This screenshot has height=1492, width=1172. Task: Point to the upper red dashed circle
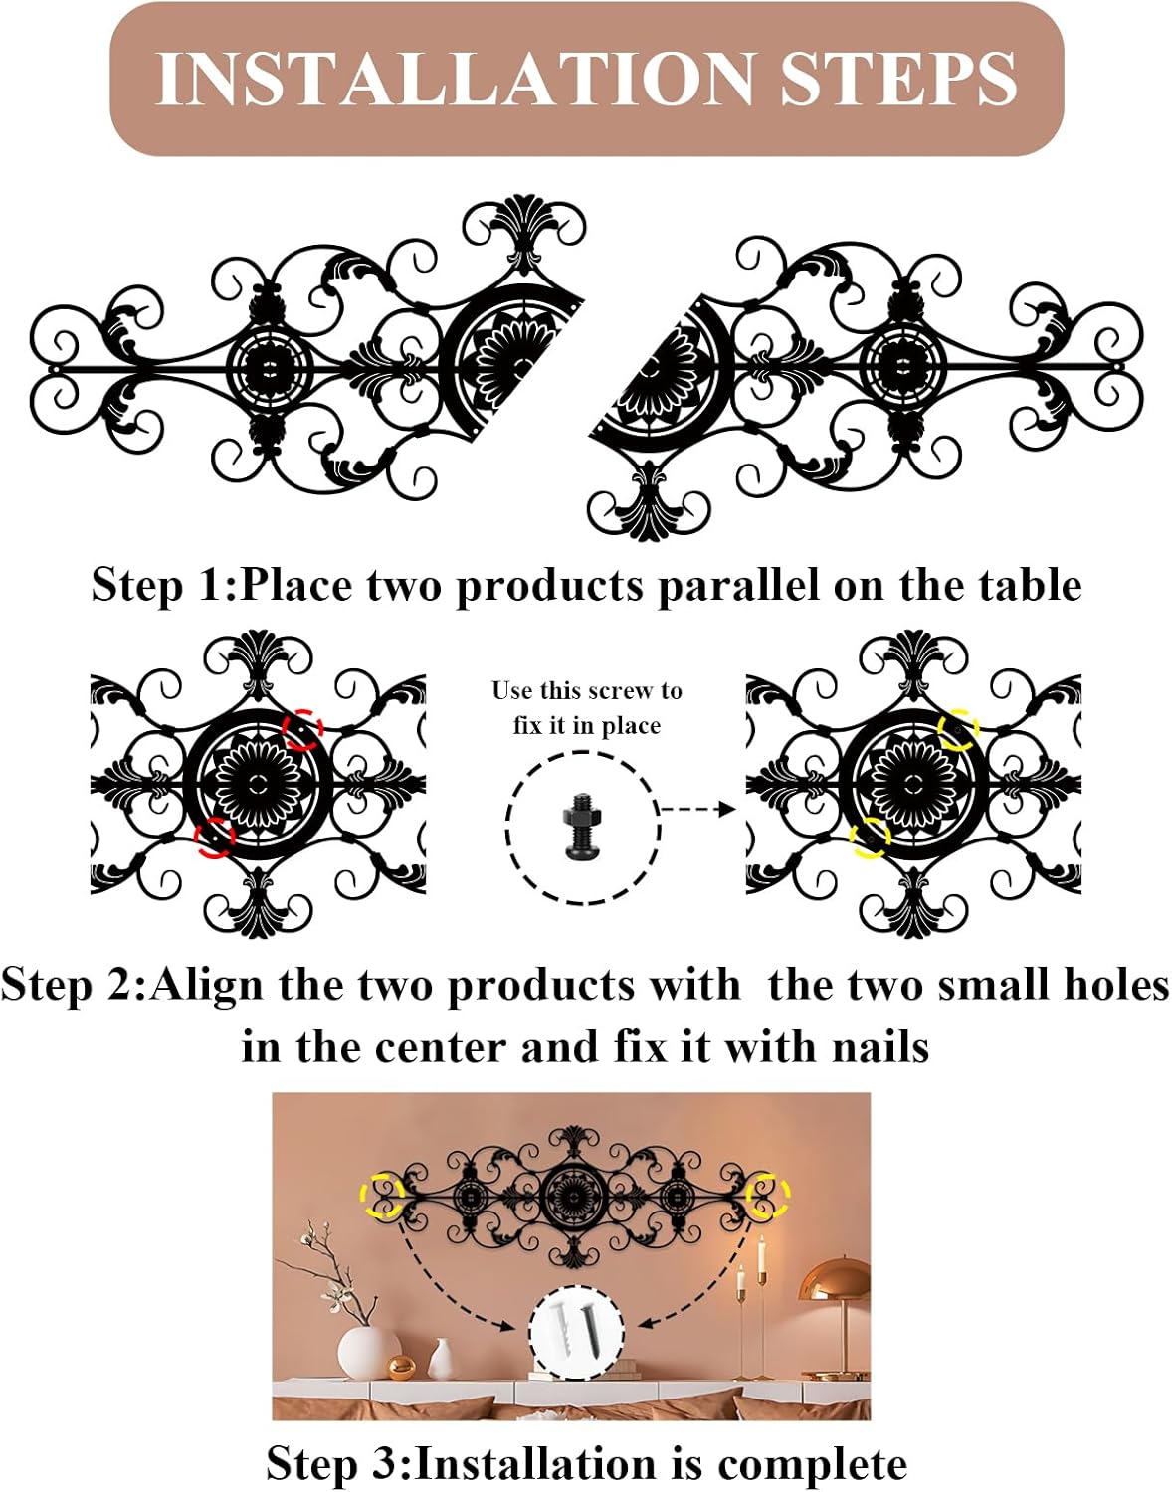click(x=303, y=729)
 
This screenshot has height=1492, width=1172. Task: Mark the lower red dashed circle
click(x=214, y=837)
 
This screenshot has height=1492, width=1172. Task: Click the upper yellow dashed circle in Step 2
click(x=959, y=729)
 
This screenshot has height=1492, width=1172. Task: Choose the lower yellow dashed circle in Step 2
click(x=870, y=837)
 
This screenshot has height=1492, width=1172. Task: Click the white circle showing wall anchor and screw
click(x=576, y=1333)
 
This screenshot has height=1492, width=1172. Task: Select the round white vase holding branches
click(x=369, y=1352)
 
